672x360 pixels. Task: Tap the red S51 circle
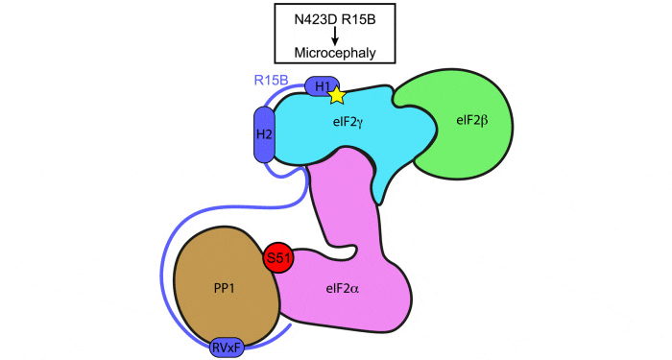[x=278, y=256]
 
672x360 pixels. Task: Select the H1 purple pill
[x=321, y=87]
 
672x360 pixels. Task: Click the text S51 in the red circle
[x=278, y=256]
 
